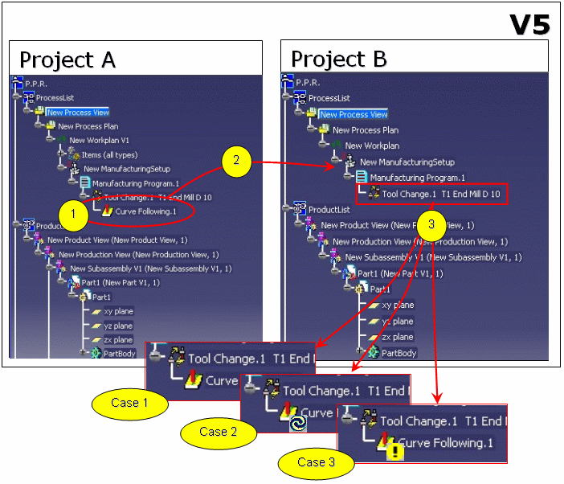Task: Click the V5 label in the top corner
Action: click(529, 24)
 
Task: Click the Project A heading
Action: click(67, 60)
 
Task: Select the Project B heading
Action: click(338, 59)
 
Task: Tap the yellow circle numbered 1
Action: click(73, 214)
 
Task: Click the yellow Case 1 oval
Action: click(125, 402)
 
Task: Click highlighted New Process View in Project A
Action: click(78, 113)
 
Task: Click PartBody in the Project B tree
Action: click(398, 352)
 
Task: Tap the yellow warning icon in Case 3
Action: click(396, 453)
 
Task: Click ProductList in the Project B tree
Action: click(329, 209)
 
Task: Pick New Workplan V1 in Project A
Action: click(100, 141)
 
